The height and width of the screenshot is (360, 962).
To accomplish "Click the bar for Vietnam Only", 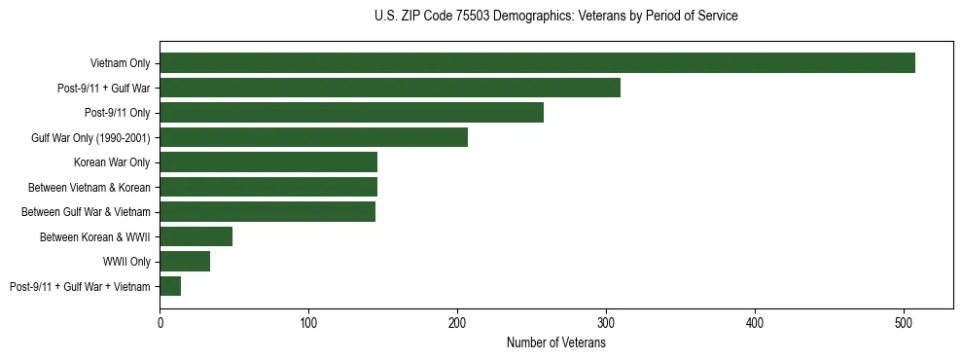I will click(x=537, y=63).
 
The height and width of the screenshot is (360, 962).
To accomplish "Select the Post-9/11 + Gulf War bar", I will click(x=390, y=88).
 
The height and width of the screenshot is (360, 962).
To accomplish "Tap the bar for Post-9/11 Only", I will click(x=351, y=113).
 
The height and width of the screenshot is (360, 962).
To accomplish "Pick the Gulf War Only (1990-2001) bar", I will click(x=313, y=137).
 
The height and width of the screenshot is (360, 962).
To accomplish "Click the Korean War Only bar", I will click(x=268, y=162).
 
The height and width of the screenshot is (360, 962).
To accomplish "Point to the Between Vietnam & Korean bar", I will click(x=268, y=187).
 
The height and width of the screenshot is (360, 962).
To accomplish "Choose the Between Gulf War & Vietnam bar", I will click(x=267, y=211).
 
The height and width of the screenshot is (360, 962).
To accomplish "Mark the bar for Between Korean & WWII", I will click(x=196, y=236).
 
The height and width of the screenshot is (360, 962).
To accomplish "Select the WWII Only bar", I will click(x=185, y=261).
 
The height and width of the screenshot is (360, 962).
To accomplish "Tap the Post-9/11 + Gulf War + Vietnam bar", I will click(x=170, y=286).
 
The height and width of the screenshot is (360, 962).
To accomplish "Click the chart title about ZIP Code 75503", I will click(x=555, y=17).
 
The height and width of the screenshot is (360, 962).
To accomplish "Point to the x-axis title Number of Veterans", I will click(x=555, y=343).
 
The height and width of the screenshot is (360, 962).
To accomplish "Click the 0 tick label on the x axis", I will click(x=160, y=323).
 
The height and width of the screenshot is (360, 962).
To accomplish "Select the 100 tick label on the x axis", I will click(x=308, y=323).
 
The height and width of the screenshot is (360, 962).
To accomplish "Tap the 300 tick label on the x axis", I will click(x=606, y=323).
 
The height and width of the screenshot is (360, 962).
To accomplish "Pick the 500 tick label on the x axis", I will click(x=904, y=323).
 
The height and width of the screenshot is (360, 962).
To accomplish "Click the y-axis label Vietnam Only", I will click(x=120, y=63).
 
